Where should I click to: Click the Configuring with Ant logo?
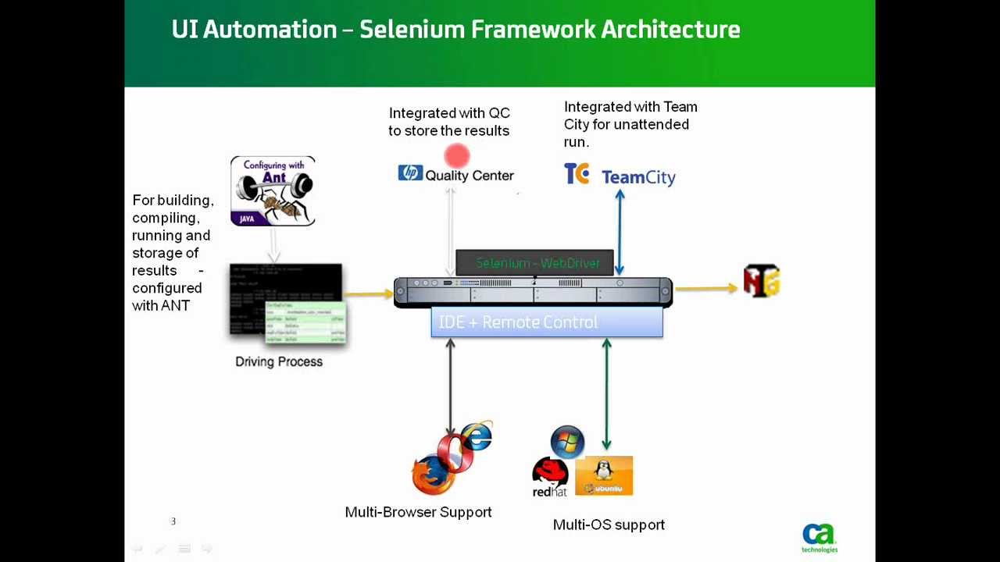(x=273, y=191)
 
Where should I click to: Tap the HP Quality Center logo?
(x=456, y=174)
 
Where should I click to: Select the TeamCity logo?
(x=620, y=176)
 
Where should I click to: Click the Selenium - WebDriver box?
(x=534, y=263)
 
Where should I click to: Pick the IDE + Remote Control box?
(x=547, y=322)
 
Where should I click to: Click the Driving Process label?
(x=279, y=361)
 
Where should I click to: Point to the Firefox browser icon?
(x=432, y=475)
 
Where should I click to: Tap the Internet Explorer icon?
(x=476, y=436)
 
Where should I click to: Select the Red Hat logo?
(x=550, y=477)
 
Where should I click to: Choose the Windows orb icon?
(x=567, y=442)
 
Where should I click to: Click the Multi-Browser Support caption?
(x=418, y=512)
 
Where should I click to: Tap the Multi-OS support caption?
(x=609, y=525)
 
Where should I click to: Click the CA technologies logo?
(x=819, y=538)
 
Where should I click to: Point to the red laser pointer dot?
(x=457, y=156)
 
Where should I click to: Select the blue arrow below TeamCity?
(x=620, y=232)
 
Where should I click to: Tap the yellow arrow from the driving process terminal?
(x=368, y=293)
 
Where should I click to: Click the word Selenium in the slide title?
(x=412, y=30)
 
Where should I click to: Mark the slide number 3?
(x=173, y=521)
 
